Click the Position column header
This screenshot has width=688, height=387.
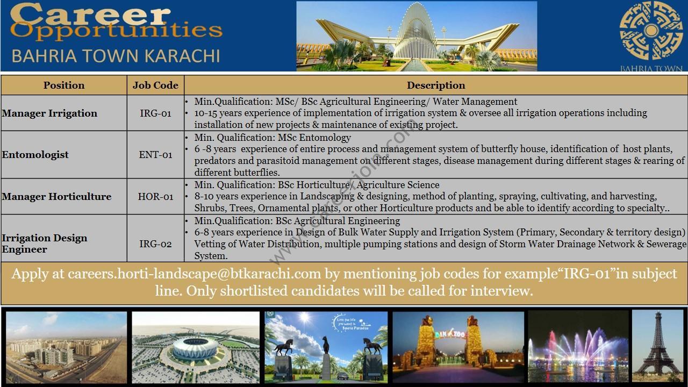64,85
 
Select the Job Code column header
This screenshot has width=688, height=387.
155,85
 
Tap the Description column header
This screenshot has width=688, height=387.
436,85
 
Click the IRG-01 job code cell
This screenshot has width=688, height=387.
155,113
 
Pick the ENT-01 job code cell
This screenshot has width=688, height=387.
155,154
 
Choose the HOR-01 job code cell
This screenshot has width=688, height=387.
155,197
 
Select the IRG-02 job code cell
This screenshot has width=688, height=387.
155,244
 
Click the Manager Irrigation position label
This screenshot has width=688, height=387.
49,113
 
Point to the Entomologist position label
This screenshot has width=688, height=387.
35,155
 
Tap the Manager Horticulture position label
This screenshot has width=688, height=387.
56,197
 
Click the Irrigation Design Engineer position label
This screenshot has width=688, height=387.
45,243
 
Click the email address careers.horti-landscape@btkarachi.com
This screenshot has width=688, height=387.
194,274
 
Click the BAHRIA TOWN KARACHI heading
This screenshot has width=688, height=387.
116,56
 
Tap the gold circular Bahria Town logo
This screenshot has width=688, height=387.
651,31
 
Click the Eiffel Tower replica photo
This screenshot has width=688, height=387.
657,347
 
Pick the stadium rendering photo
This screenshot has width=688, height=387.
196,347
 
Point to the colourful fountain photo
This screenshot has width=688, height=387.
578,347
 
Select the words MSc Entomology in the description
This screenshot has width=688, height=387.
314,137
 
